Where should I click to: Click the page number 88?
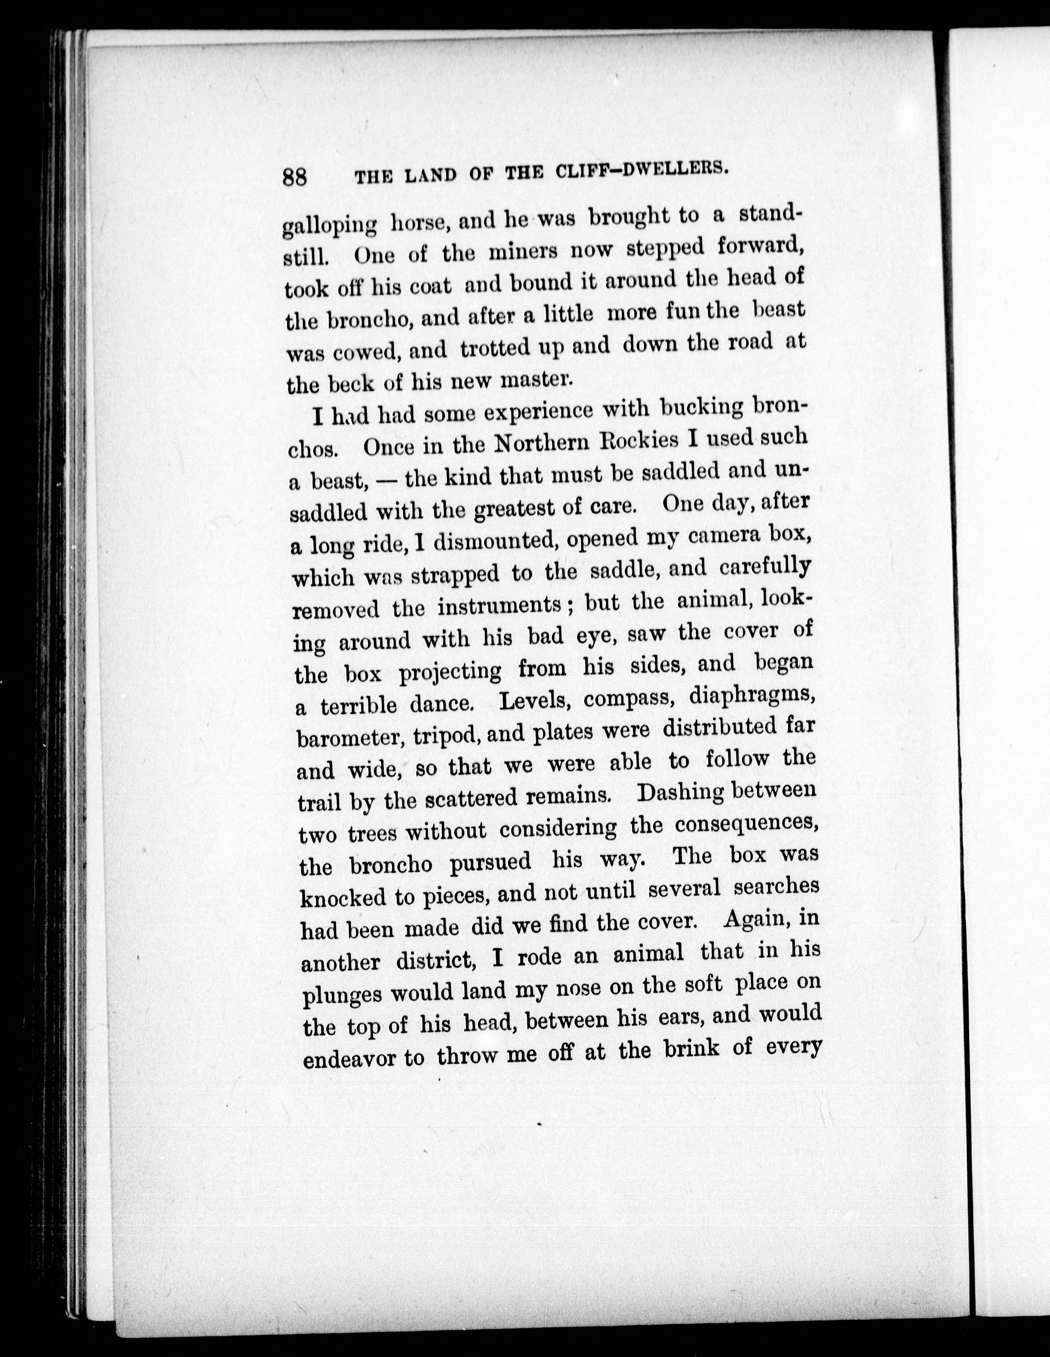click(295, 177)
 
